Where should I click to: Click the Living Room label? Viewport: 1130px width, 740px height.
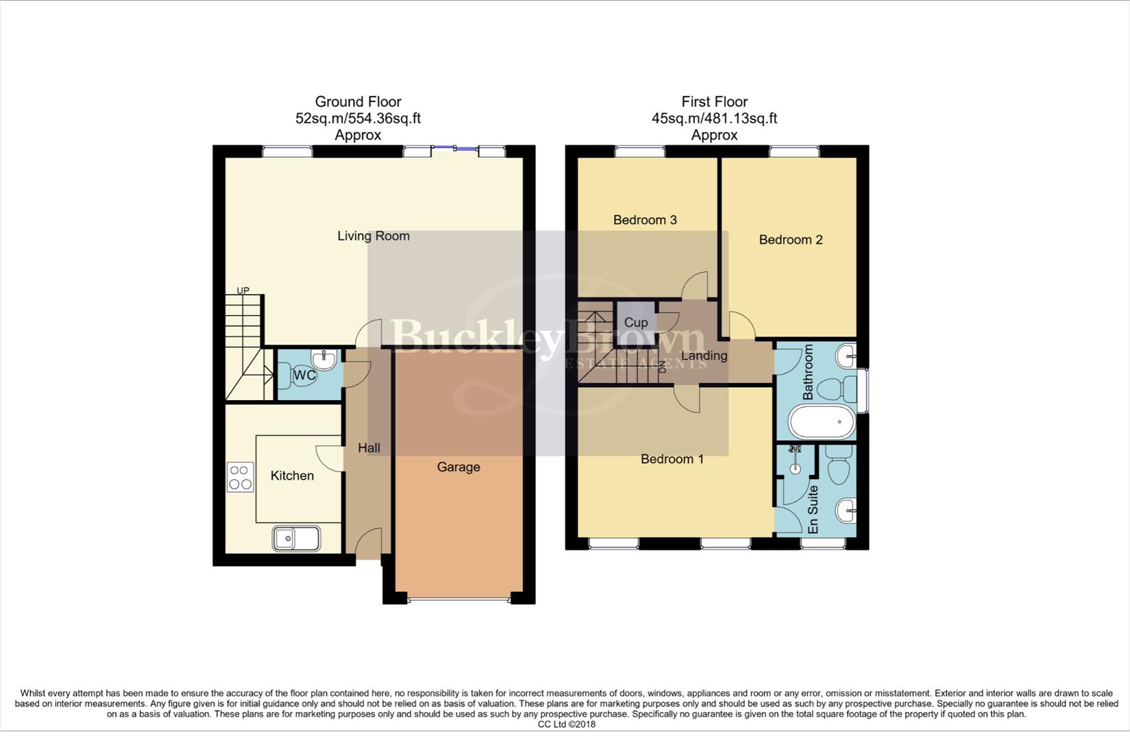(373, 236)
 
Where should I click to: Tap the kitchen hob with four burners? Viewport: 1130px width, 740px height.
(240, 477)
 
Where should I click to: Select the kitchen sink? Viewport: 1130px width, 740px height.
(296, 539)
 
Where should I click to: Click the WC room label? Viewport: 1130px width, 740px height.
(304, 375)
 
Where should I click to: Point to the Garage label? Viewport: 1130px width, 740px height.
(458, 467)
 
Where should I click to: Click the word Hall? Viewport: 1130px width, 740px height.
(369, 448)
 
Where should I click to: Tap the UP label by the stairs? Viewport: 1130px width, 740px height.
(243, 291)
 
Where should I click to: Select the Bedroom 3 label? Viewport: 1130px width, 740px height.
(645, 220)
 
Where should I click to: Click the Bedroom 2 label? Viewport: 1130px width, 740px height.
(790, 240)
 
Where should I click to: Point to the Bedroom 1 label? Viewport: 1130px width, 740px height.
(672, 459)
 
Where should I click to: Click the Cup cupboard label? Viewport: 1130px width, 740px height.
(635, 322)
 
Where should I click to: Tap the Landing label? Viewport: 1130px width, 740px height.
(704, 356)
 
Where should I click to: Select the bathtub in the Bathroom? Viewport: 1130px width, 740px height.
(821, 422)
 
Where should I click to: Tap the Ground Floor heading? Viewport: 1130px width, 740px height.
(358, 102)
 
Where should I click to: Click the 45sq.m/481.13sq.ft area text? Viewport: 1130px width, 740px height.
(714, 119)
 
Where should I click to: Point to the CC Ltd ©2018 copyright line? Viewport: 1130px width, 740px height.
(566, 724)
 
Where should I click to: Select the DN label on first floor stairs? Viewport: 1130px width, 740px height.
(661, 366)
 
